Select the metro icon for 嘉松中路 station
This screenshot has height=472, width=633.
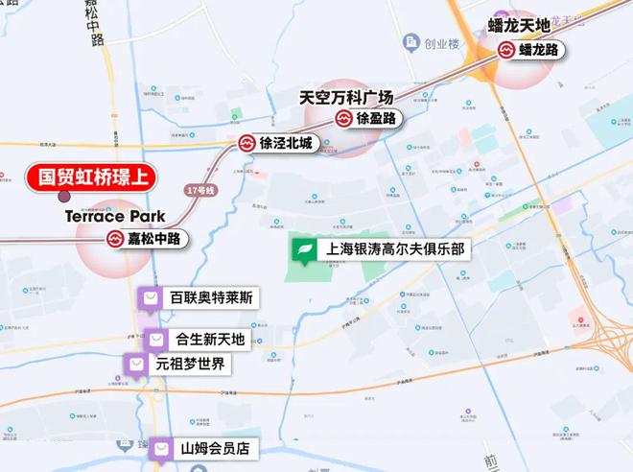(x=115, y=239)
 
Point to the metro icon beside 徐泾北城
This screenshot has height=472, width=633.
(x=247, y=144)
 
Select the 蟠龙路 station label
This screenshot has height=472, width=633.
(x=539, y=50)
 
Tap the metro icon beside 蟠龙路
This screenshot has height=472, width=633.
(x=505, y=50)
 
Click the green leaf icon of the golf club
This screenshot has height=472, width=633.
(x=305, y=249)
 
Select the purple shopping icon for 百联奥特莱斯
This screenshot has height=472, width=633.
(x=151, y=298)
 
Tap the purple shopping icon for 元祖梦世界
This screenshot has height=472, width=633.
(x=137, y=365)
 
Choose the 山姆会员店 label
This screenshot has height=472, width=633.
(x=215, y=448)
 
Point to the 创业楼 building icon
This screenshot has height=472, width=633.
(x=411, y=43)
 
